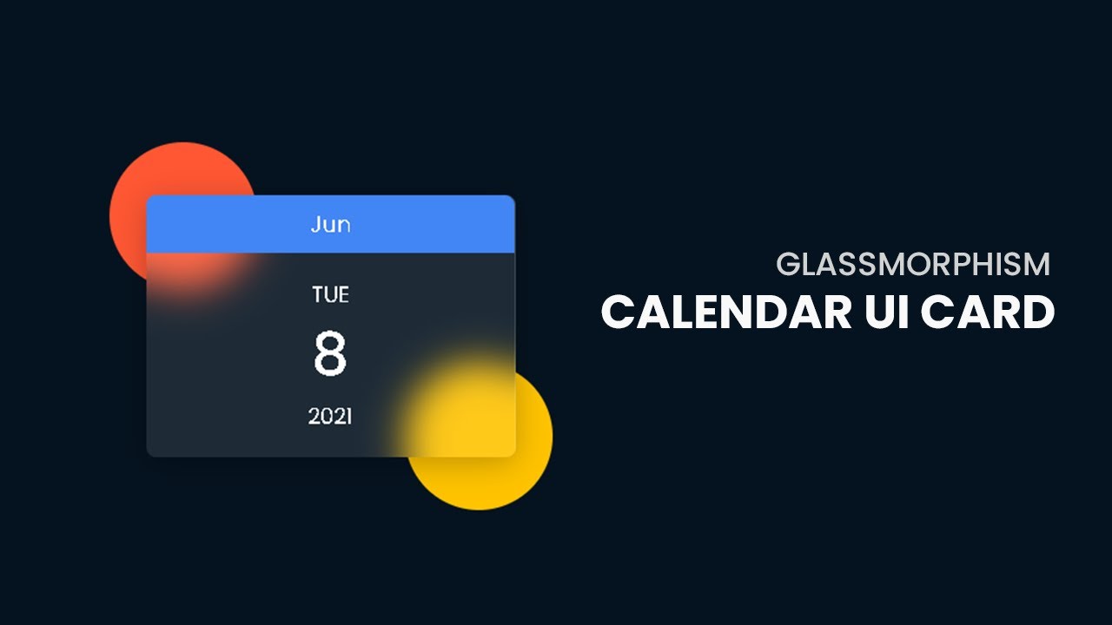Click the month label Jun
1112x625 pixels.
[330, 225]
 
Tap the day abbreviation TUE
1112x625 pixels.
[330, 295]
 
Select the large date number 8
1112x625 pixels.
[330, 354]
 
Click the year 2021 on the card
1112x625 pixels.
[330, 417]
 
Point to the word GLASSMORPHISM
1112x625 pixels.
[913, 264]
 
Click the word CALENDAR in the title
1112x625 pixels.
[726, 312]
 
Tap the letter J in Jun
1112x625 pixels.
[315, 225]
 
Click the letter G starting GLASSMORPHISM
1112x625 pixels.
[787, 264]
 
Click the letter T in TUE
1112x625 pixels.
[318, 295]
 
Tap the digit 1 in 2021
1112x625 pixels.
[347, 417]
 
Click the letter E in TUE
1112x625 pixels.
[343, 295]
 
